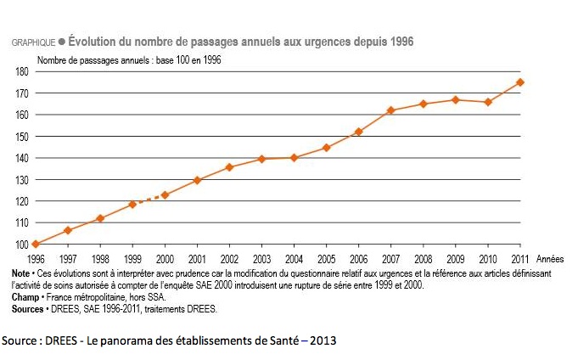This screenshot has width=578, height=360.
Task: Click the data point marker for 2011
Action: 520,82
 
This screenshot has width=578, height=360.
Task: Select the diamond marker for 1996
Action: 35,245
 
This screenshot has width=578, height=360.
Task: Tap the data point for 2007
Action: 390,110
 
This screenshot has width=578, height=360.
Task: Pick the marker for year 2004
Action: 294,157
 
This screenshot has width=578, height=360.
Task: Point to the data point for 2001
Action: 197,180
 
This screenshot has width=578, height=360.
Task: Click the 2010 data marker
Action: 488,102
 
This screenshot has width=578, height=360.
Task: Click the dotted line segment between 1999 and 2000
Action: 149,200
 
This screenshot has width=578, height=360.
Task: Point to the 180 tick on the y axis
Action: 22,71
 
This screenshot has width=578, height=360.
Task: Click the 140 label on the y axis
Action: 22,158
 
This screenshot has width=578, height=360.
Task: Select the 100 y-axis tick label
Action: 22,245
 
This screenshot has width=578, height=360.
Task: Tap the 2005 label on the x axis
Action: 326,257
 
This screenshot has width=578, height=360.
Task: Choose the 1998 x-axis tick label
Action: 100,257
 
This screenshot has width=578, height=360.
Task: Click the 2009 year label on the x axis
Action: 456,257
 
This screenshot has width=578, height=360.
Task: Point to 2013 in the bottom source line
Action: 321,340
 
